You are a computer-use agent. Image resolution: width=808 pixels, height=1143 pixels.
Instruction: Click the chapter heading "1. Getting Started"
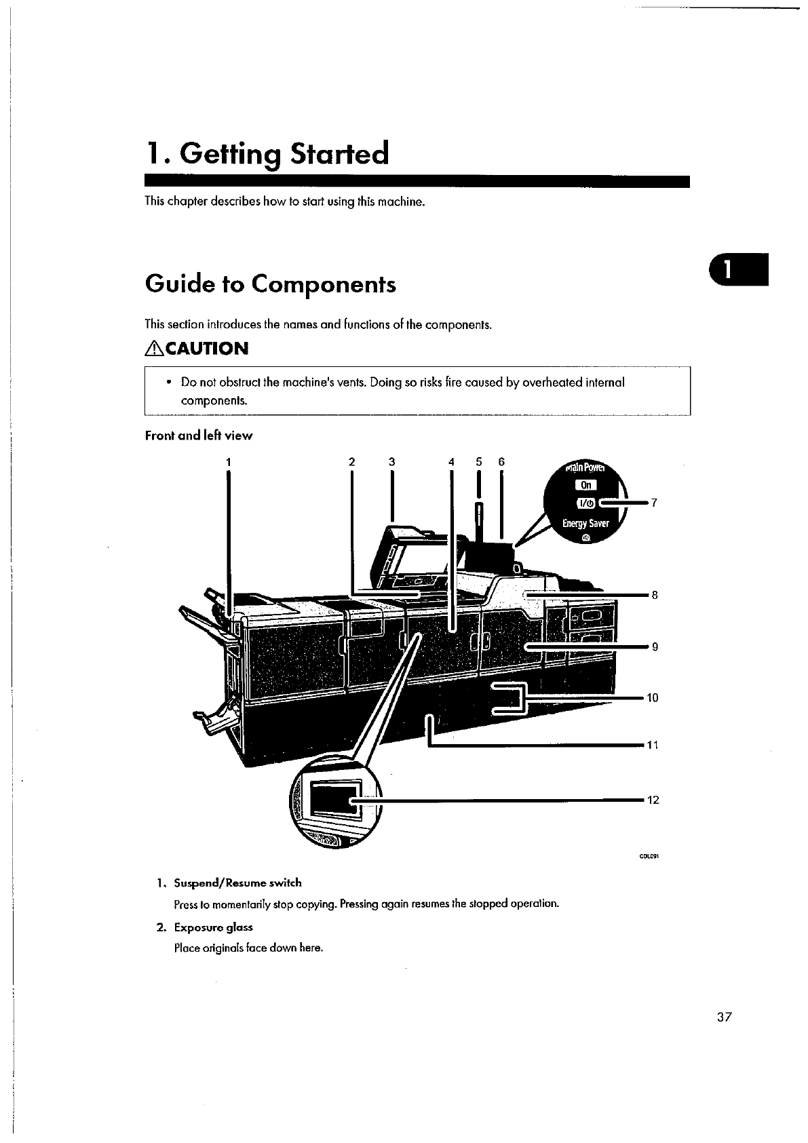coord(267,155)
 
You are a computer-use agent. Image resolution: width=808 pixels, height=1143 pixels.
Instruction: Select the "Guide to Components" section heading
coord(270,284)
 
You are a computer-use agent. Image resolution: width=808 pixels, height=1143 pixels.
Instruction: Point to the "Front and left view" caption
coord(198,435)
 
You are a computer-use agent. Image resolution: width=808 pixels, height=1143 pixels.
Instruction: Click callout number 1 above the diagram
coord(229,462)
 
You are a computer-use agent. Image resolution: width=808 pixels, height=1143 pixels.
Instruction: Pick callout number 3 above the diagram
coord(391,462)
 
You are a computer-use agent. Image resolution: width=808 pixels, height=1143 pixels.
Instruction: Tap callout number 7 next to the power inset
coord(654,503)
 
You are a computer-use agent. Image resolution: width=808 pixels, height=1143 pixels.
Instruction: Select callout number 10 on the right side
coord(653,697)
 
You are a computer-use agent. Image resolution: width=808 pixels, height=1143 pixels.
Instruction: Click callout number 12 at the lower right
coord(653,800)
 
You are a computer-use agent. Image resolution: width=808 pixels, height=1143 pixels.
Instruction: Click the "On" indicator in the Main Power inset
coord(587,484)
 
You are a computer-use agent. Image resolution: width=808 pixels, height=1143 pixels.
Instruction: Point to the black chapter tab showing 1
coord(738,269)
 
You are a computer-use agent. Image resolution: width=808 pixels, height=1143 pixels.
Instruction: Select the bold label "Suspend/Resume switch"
coord(237,883)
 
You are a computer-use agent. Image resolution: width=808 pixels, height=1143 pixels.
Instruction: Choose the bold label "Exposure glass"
coord(213,927)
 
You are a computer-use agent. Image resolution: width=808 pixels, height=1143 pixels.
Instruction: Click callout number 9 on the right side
coord(655,646)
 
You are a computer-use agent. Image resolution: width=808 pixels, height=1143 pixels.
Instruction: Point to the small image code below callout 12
coord(649,856)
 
